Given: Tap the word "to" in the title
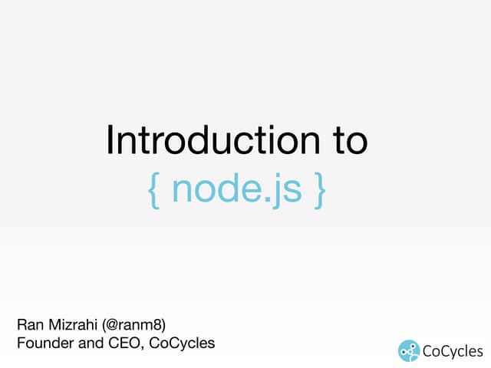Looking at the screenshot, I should [x=344, y=141].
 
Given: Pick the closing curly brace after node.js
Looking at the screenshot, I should [x=318, y=189].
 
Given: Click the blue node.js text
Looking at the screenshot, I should [x=236, y=189].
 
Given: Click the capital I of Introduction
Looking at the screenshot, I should [x=111, y=141].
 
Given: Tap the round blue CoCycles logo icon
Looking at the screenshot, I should [x=409, y=350].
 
